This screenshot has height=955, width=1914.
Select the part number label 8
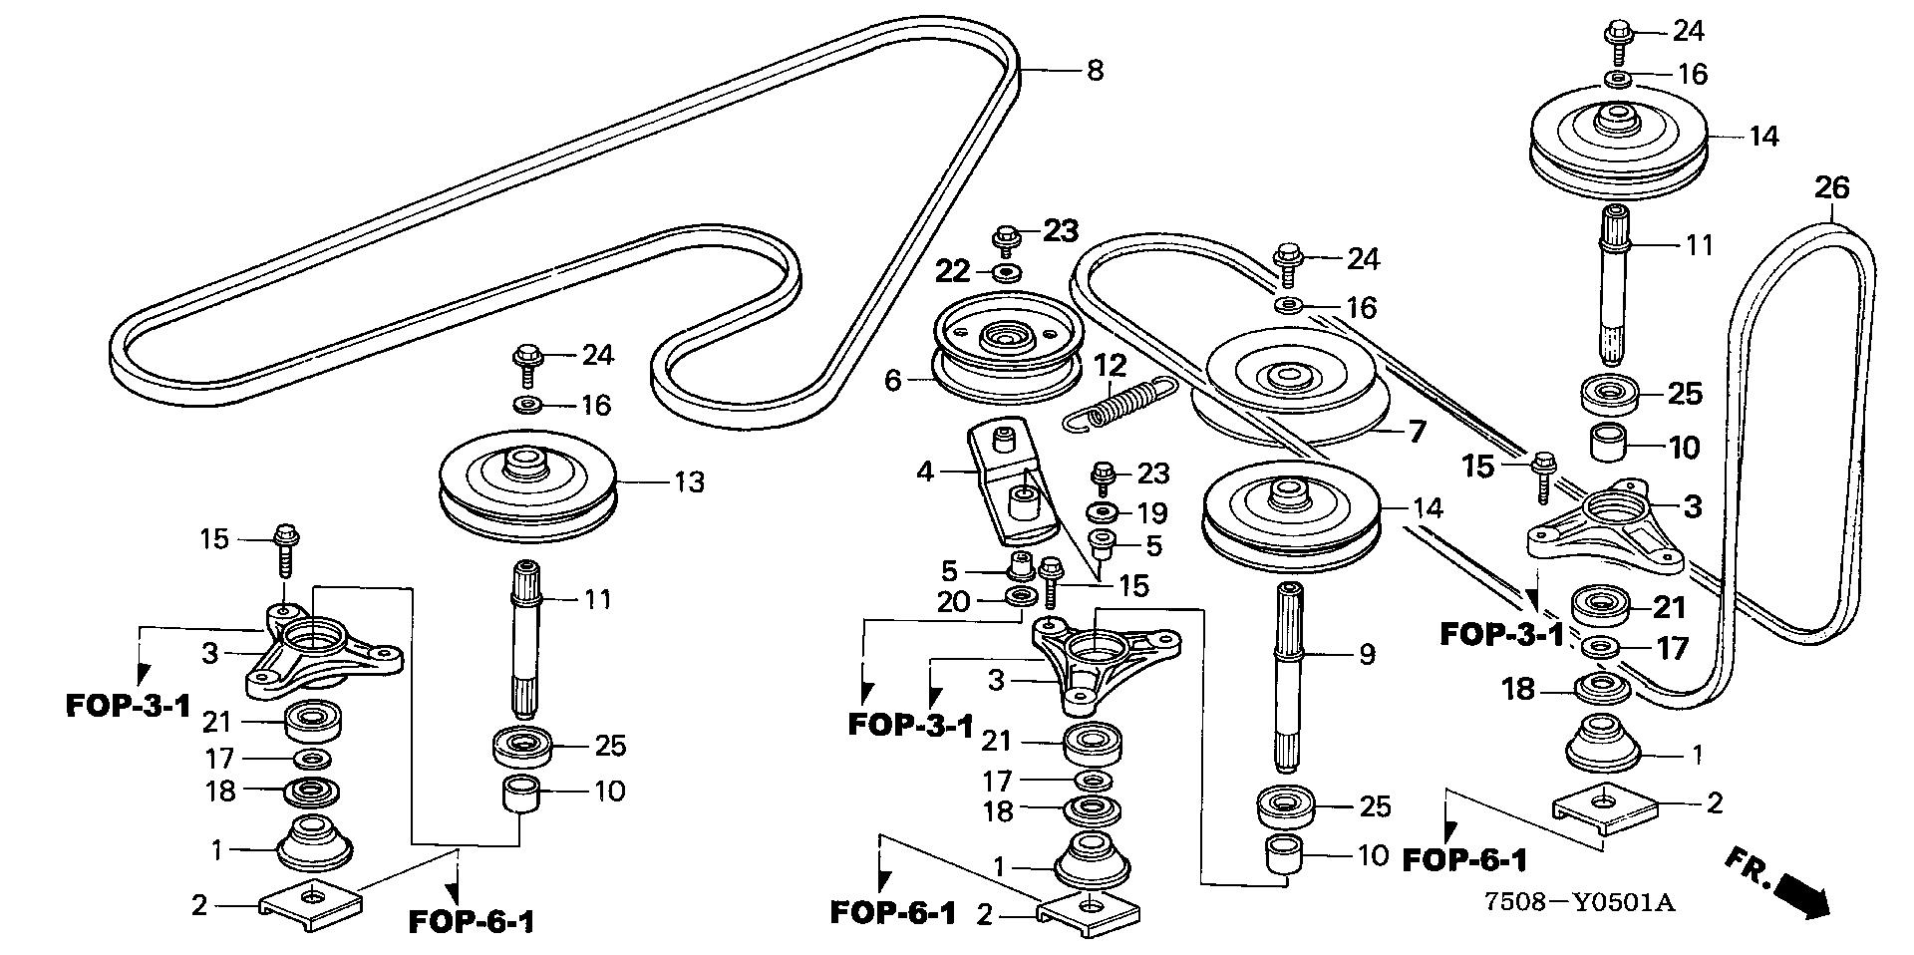pos(1095,70)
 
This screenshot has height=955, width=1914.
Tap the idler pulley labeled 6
pos(1005,344)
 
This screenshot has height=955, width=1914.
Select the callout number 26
pos(1831,188)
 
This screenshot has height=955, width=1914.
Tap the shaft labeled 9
pos(1289,678)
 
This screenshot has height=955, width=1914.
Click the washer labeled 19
pos(1103,512)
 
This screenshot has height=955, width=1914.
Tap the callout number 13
pos(689,482)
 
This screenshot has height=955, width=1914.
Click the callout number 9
pos(1367,655)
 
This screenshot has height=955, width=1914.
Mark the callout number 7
pos(1416,432)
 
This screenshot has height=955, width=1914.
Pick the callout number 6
pos(892,380)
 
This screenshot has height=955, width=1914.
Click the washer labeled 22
pos(1005,271)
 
